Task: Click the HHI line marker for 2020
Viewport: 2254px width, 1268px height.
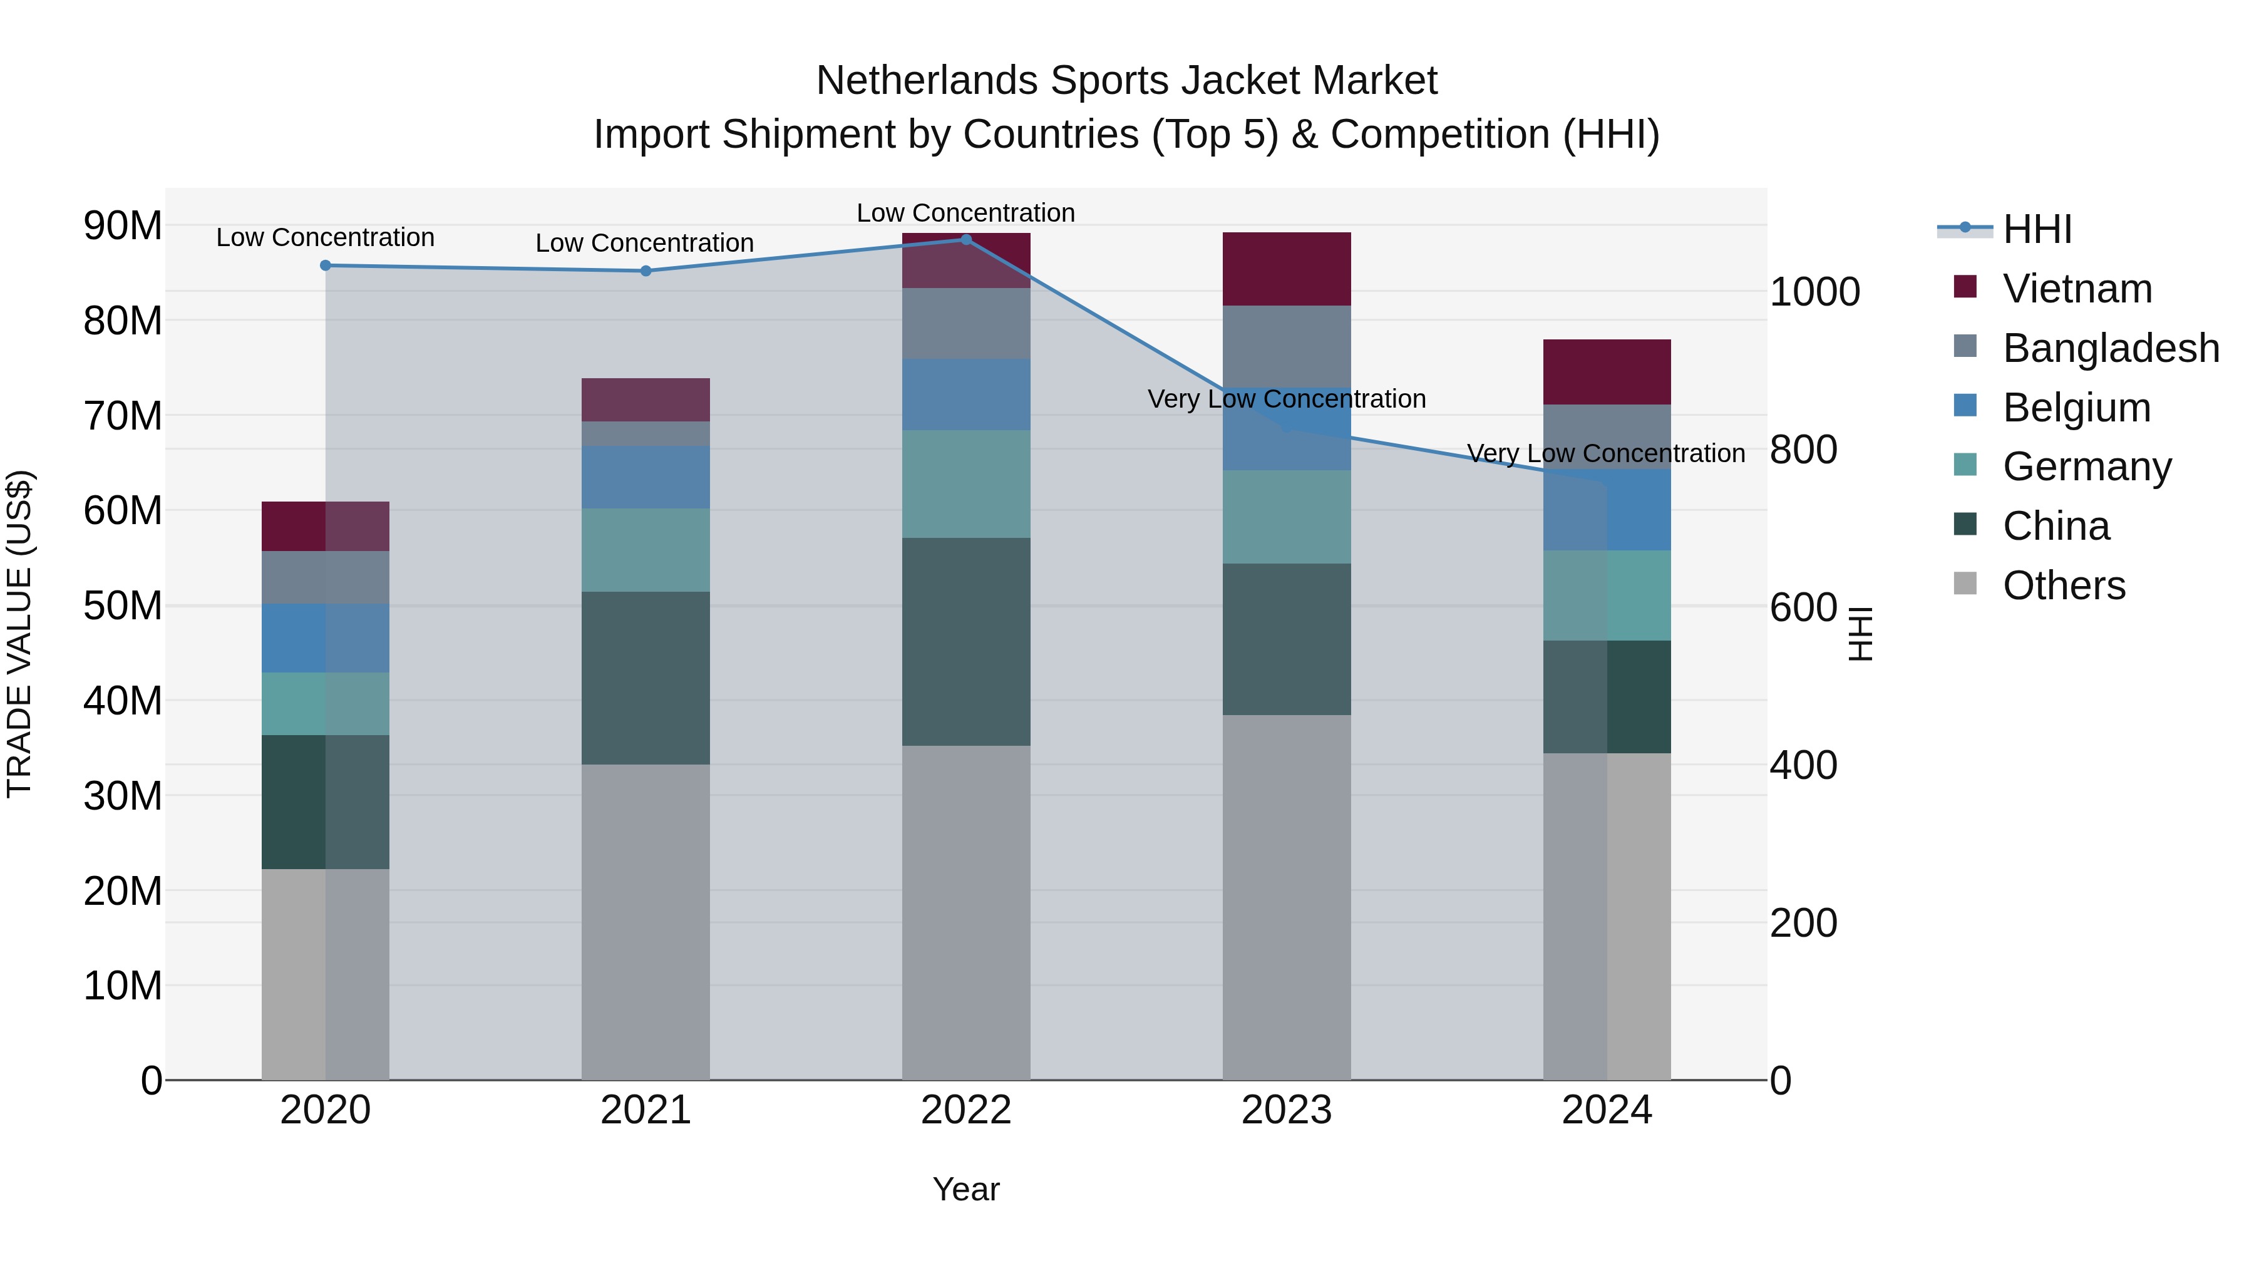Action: click(326, 265)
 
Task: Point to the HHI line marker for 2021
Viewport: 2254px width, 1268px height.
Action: click(646, 271)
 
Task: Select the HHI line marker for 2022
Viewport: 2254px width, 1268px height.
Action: click(966, 240)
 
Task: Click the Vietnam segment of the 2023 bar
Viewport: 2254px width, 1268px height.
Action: click(1286, 269)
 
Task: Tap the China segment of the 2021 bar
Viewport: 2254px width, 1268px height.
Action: click(646, 678)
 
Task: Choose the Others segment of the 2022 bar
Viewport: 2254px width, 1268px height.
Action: click(966, 913)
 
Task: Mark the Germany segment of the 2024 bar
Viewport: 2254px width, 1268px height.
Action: click(1607, 596)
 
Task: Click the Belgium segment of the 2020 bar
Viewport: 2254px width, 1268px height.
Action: click(326, 639)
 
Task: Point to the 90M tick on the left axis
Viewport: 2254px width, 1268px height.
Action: click(123, 226)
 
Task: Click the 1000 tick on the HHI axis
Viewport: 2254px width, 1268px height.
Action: click(1814, 292)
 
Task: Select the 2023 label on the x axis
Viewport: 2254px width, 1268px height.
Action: click(1286, 1110)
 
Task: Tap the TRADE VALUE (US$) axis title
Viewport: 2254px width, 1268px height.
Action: click(19, 634)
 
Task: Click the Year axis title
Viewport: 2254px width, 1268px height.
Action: click(966, 1189)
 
